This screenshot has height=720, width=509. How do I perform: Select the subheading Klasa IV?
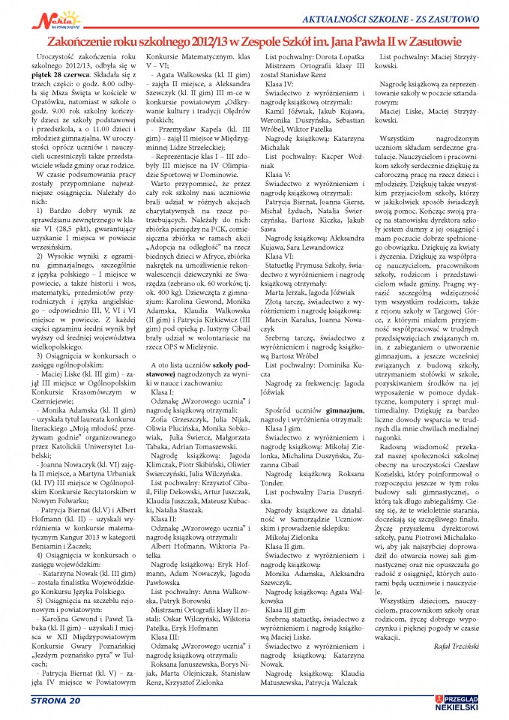[x=279, y=86]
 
